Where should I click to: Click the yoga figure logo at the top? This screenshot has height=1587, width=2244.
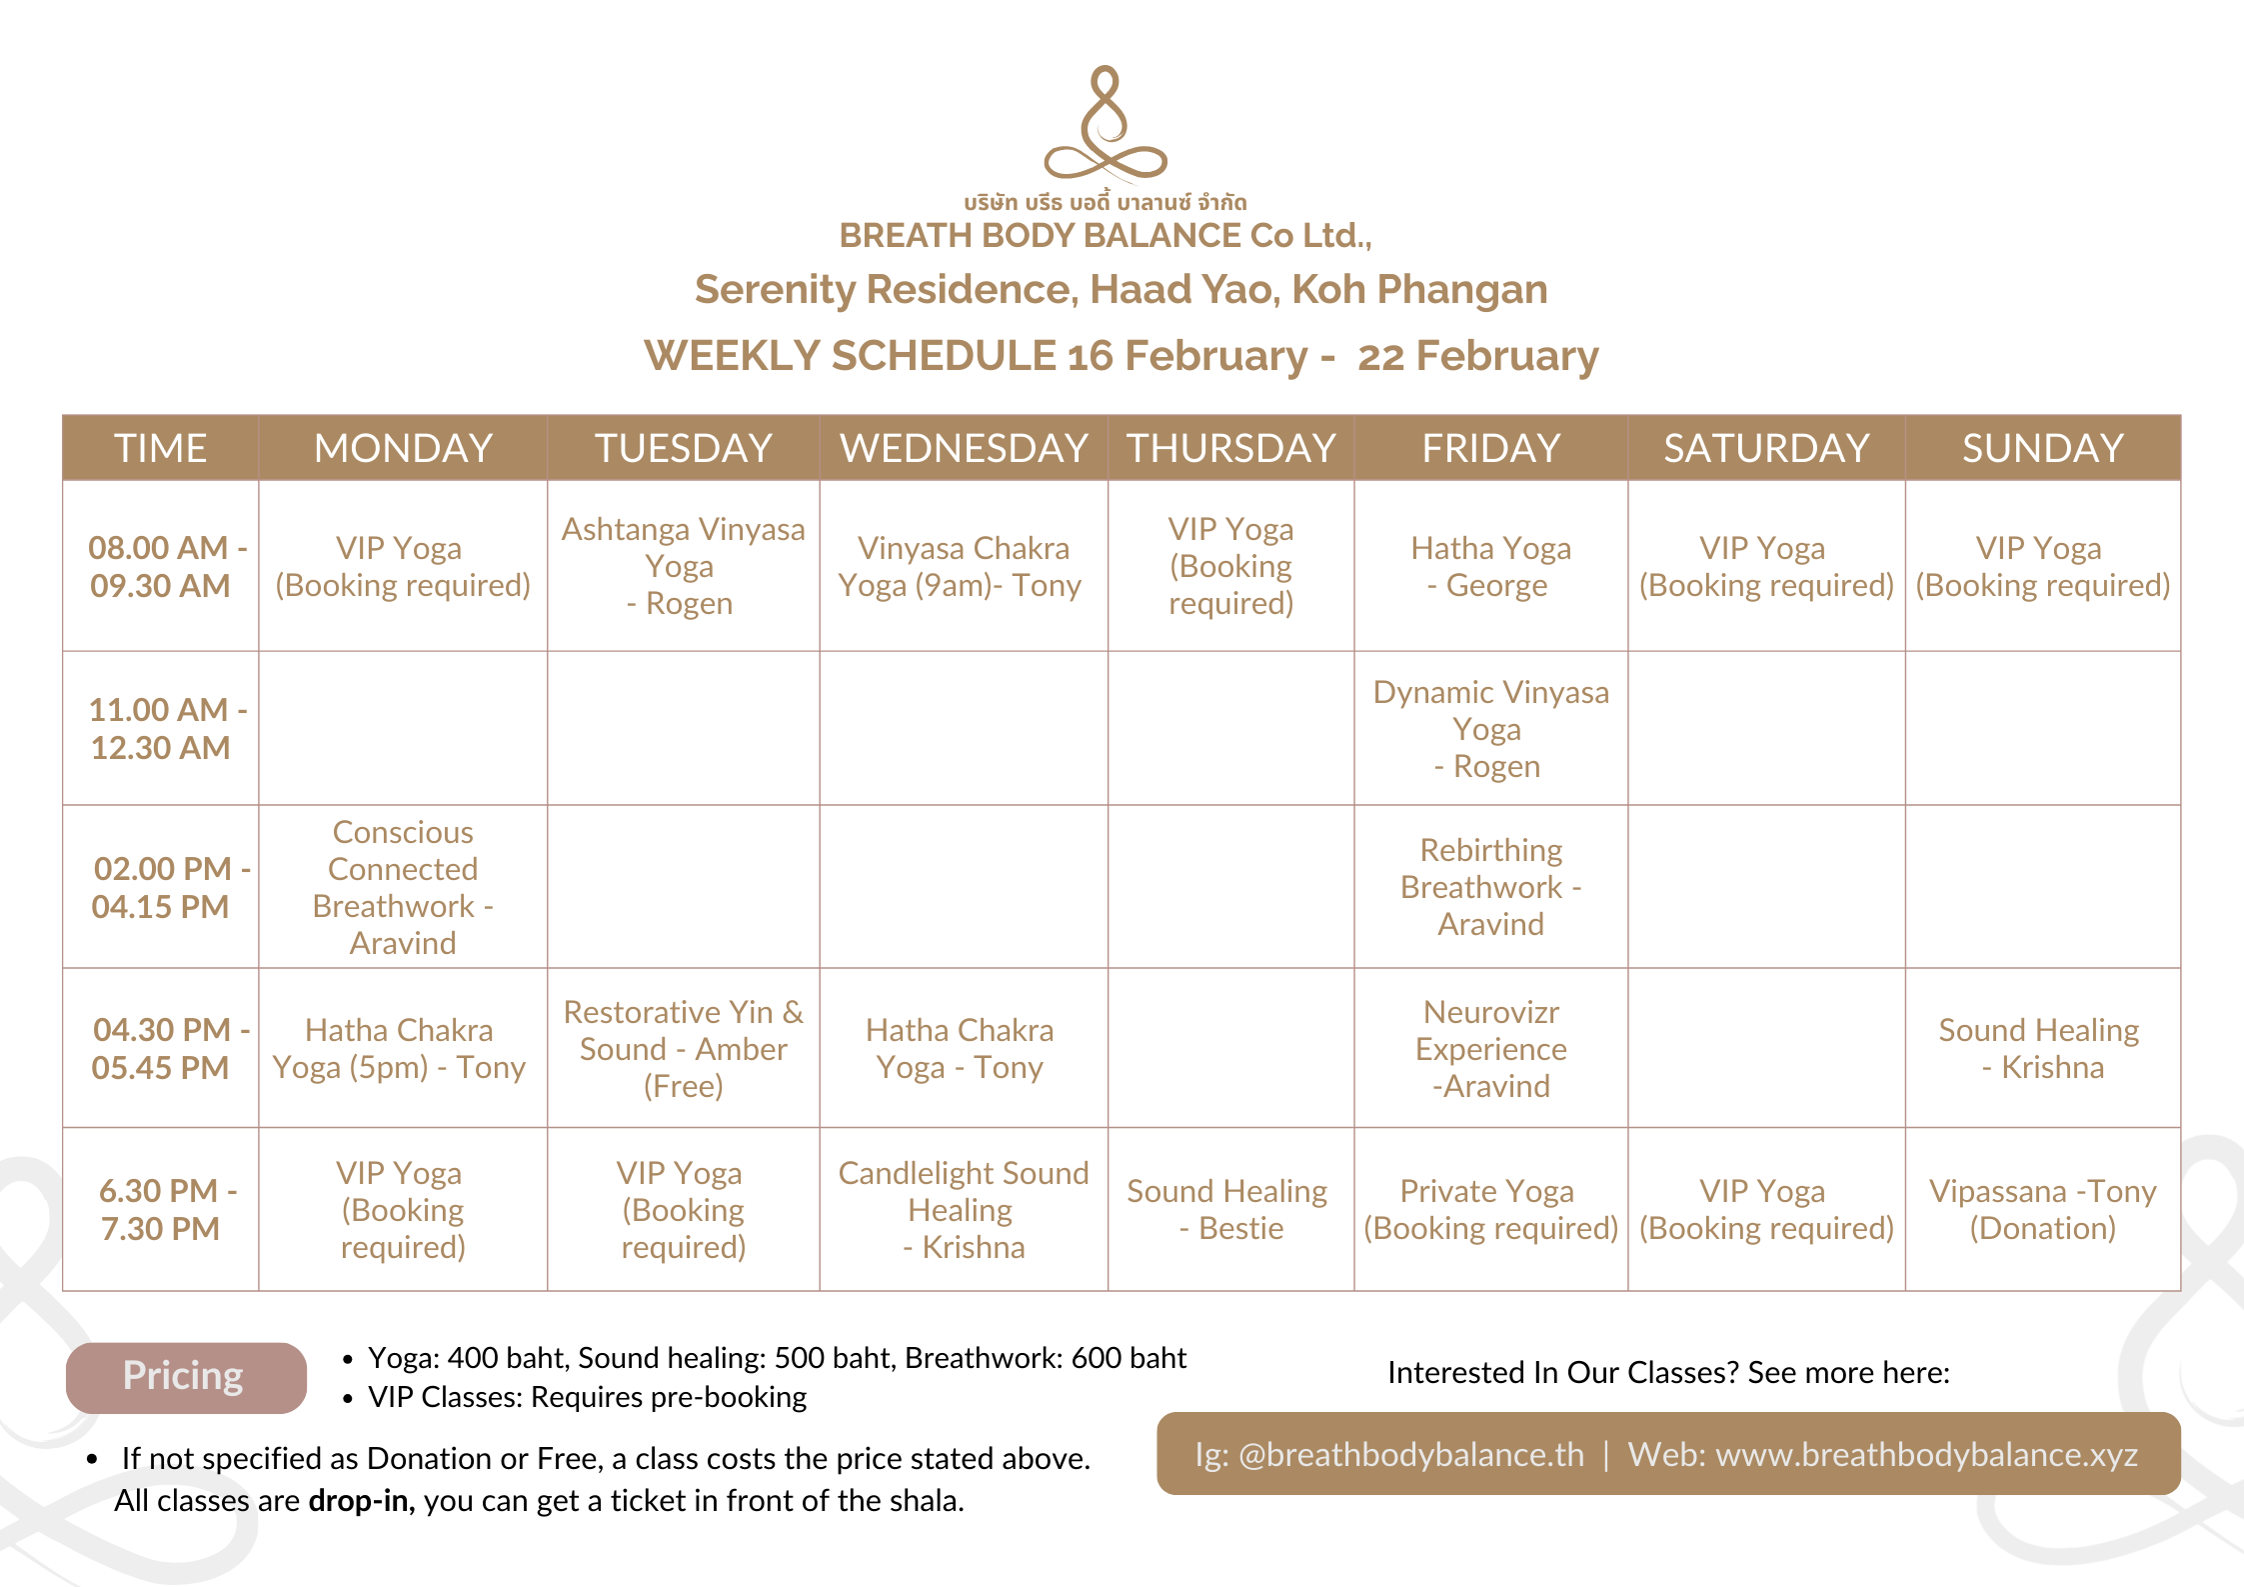1105,126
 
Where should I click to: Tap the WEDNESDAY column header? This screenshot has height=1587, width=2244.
964,448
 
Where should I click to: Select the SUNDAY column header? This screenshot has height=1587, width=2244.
2042,448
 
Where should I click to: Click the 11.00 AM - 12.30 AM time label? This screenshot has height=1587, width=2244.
161,728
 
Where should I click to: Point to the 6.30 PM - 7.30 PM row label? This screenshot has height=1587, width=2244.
161,1209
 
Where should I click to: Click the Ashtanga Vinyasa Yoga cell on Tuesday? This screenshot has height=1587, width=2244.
683,566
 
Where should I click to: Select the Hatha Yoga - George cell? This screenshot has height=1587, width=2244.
1490,566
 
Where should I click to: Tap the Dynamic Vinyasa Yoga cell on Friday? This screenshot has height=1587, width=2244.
1490,729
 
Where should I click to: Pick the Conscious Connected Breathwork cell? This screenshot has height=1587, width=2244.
403,887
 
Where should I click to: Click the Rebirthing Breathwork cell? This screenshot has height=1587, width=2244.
1490,887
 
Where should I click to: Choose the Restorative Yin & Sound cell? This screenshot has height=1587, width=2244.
683,1049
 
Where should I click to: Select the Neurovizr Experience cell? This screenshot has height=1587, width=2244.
1490,1049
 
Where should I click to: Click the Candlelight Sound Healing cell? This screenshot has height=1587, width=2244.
964,1210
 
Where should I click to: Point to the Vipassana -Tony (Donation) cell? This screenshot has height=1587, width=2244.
2042,1209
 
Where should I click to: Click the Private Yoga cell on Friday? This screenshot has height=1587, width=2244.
1490,1209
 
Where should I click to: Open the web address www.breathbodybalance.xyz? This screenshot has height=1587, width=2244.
1926,1455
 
